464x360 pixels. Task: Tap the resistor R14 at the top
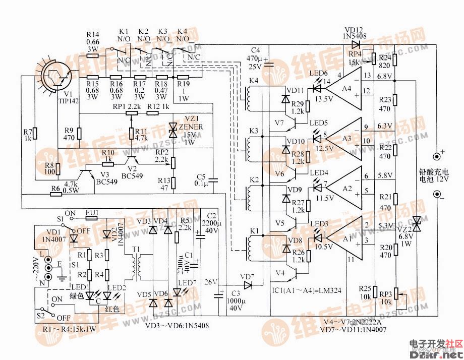click(93, 55)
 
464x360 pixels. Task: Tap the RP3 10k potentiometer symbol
click(398, 295)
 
